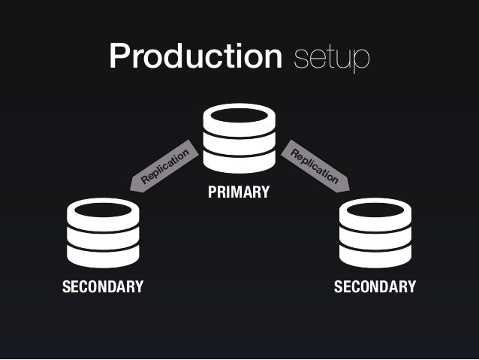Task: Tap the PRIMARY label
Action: [239, 193]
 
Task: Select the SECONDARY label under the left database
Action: [103, 287]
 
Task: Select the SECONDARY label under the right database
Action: [375, 287]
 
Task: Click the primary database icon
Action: [239, 140]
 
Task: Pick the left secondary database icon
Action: [103, 232]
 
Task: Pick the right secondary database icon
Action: [375, 232]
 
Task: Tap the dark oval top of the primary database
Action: [239, 116]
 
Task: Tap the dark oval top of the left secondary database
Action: [103, 210]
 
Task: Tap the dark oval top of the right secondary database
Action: [375, 210]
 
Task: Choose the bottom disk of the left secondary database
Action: [103, 256]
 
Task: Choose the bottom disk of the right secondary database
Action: [375, 256]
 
